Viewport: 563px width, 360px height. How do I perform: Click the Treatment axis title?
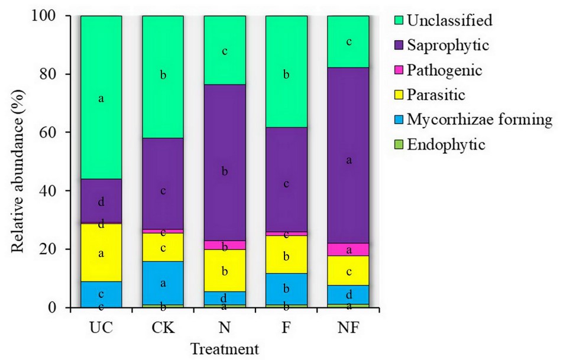224,349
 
